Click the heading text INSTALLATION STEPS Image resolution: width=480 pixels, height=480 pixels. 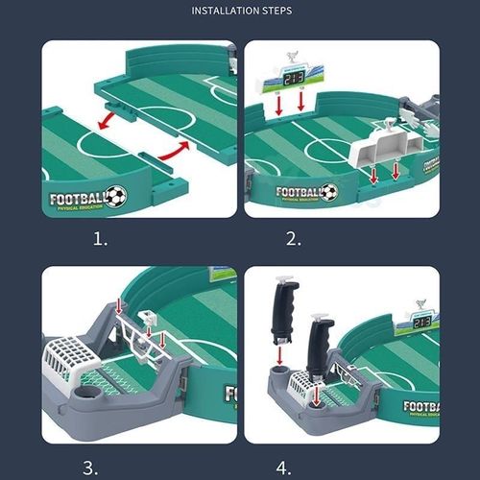(x=239, y=12)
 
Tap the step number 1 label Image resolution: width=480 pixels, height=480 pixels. (x=100, y=239)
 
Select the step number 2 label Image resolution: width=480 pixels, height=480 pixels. (x=292, y=239)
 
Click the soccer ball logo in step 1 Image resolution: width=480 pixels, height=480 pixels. (x=116, y=196)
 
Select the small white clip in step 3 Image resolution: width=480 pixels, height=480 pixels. (x=148, y=318)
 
